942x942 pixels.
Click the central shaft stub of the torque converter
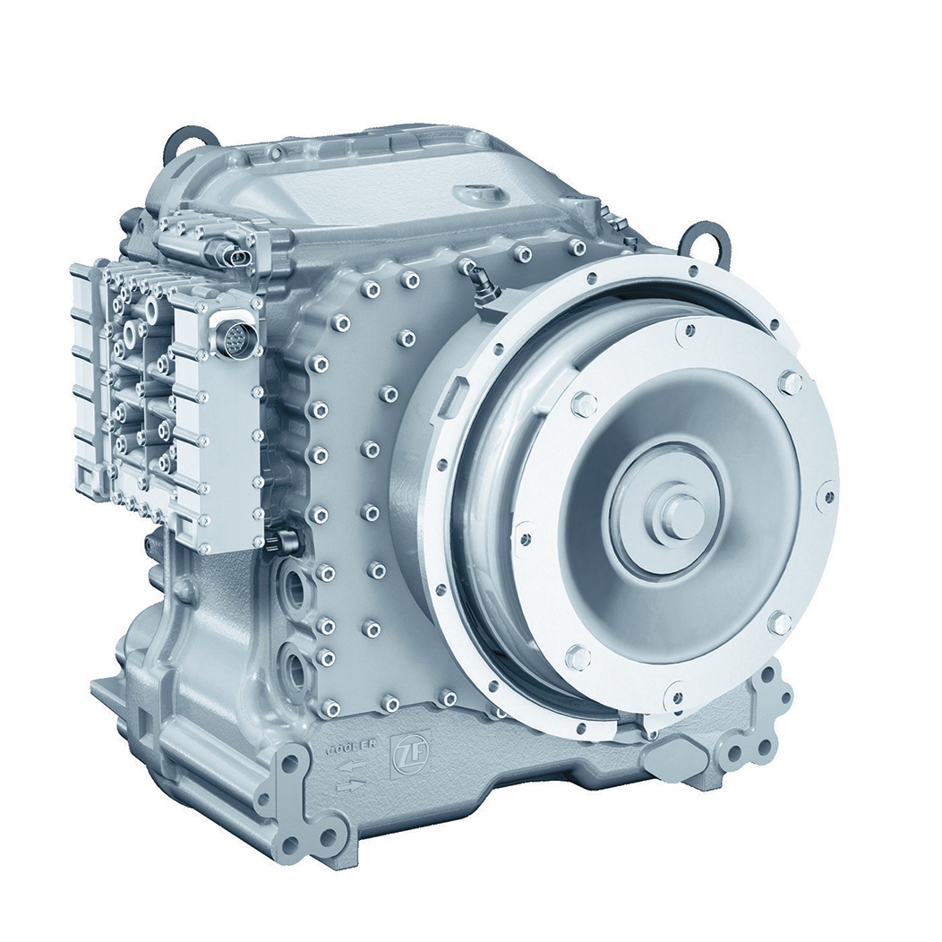point(678,500)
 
